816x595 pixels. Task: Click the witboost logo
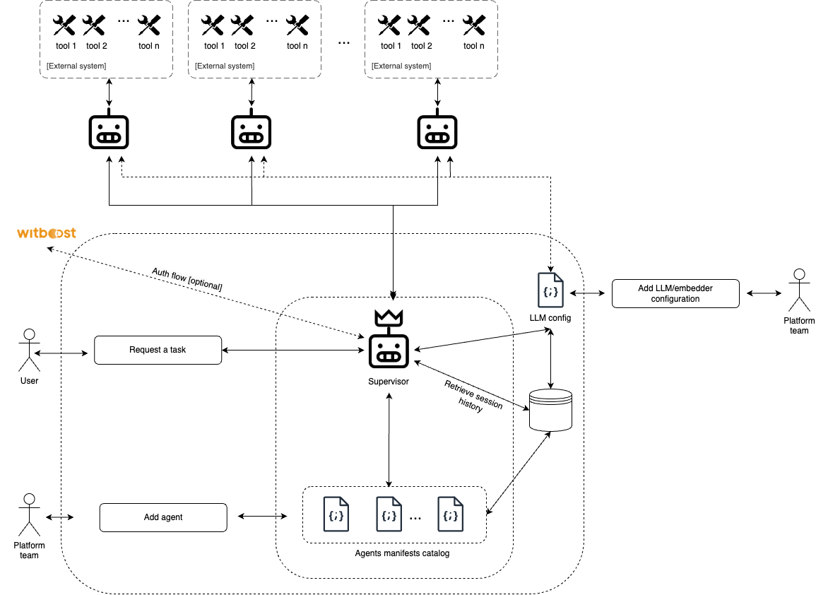pos(47,233)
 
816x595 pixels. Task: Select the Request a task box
pos(158,350)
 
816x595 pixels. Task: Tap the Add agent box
pos(163,517)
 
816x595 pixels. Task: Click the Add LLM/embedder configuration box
pos(675,293)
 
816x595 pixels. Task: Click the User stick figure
pos(29,349)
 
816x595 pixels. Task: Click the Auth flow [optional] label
pos(187,279)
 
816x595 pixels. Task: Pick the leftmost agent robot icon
pos(109,131)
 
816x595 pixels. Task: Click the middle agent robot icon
pos(252,131)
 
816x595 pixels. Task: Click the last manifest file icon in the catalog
pos(451,514)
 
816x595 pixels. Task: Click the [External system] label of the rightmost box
pos(401,66)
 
